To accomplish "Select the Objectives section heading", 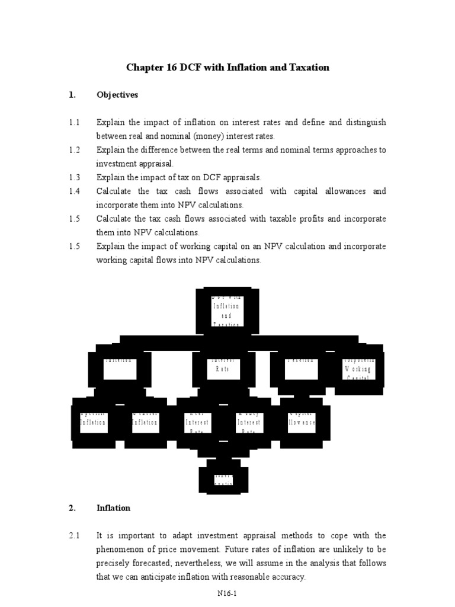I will (117, 94).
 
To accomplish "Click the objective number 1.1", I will (73, 122).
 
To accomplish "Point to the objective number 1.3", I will (73, 177).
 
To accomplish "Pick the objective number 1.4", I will (73, 191).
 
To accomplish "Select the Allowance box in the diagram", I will (302, 422).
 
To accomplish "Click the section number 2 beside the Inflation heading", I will (71, 508).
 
